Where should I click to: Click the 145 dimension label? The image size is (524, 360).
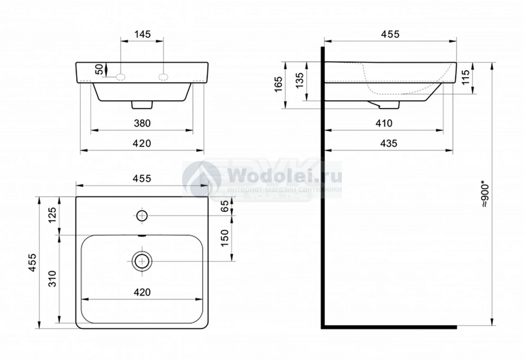(x=142, y=34)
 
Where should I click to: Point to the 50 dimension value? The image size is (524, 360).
(x=100, y=69)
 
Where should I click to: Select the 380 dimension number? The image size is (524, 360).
(x=142, y=123)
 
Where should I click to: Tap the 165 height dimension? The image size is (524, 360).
(x=279, y=84)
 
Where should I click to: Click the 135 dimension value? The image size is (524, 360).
(x=300, y=81)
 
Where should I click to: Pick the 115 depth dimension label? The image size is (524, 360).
(x=466, y=77)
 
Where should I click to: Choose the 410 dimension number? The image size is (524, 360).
(x=384, y=123)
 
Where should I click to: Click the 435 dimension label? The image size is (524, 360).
(x=389, y=143)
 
